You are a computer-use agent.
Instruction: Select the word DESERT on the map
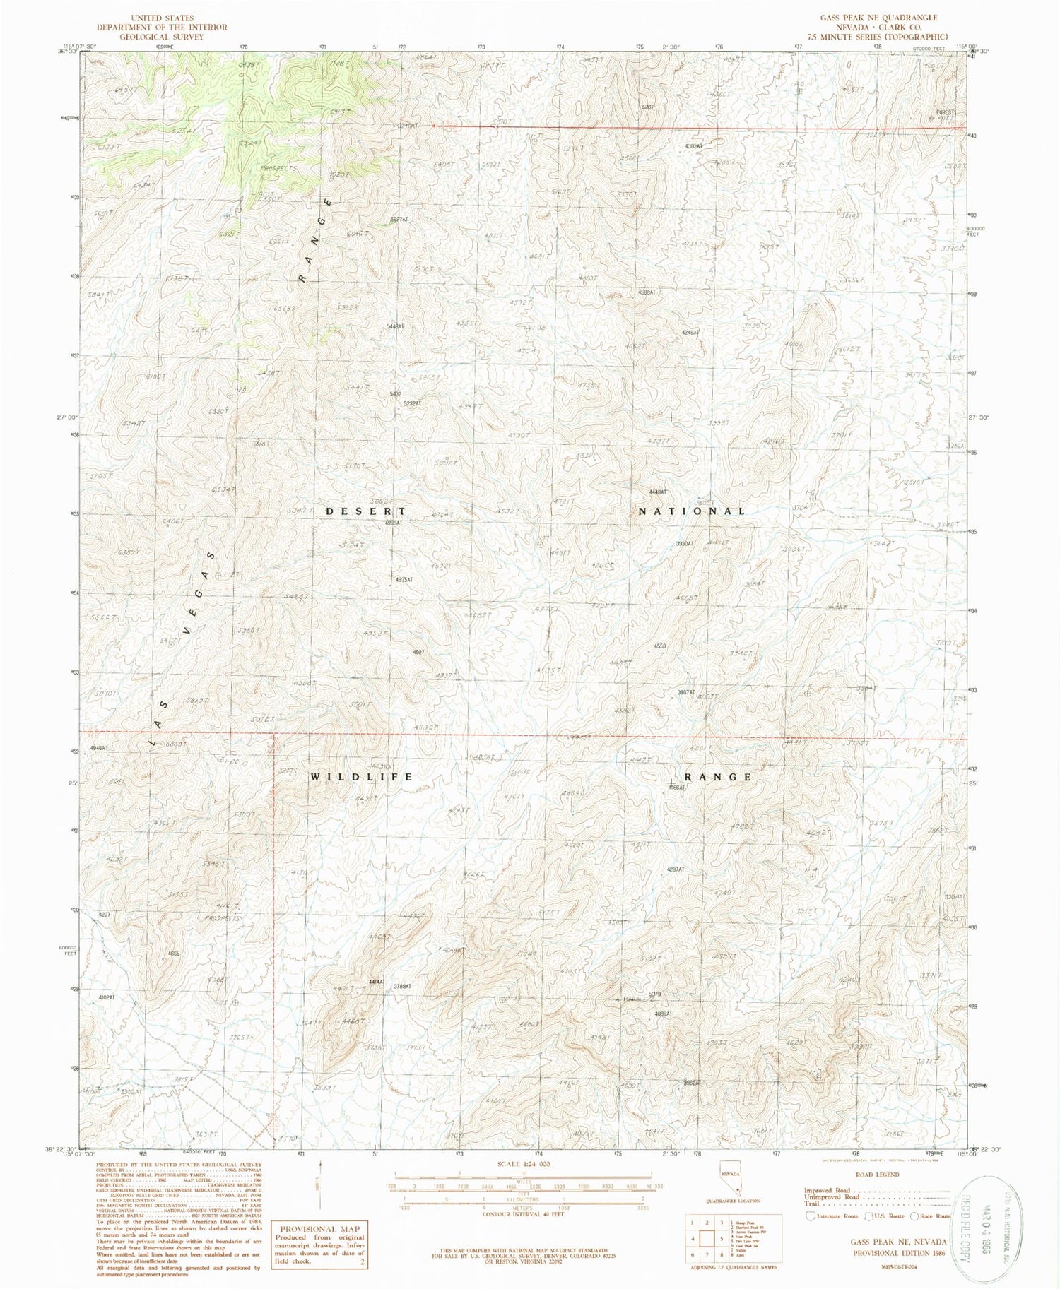tap(366, 511)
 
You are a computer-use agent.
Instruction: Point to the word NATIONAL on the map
tap(692, 511)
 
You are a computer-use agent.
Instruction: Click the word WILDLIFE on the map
tap(362, 777)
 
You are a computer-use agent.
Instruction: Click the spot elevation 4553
tap(660, 646)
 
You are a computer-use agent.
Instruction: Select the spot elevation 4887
tap(418, 653)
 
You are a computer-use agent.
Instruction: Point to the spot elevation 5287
tap(647, 107)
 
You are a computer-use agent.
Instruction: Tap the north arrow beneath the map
tap(322, 1180)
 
